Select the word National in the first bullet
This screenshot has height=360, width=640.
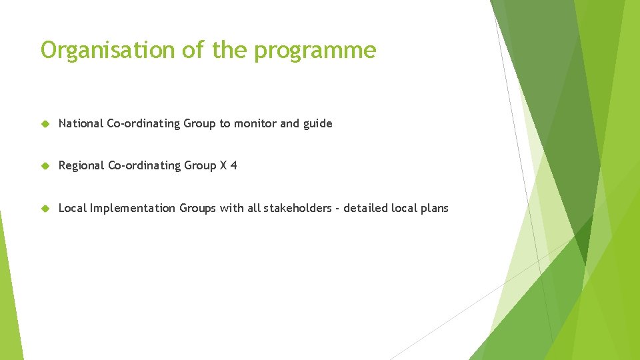pyautogui.click(x=81, y=123)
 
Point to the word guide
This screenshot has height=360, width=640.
pyautogui.click(x=317, y=124)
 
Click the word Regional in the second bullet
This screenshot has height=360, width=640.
pyautogui.click(x=81, y=166)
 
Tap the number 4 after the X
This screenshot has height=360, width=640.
pyautogui.click(x=233, y=165)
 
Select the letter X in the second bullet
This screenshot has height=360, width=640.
pyautogui.click(x=223, y=165)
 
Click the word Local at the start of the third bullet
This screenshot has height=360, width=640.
pyautogui.click(x=72, y=208)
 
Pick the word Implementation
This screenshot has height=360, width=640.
pyautogui.click(x=133, y=209)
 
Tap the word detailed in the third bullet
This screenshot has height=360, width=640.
pyautogui.click(x=365, y=208)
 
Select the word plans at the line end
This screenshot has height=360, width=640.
pyautogui.click(x=435, y=209)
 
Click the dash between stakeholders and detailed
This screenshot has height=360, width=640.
pyautogui.click(x=337, y=209)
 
